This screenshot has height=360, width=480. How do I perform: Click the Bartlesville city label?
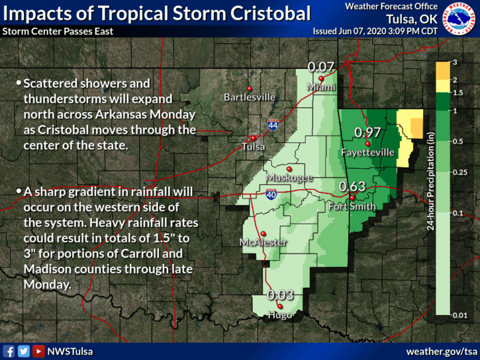pyautogui.click(x=250, y=97)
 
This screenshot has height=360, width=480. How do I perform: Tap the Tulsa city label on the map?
pyautogui.click(x=254, y=146)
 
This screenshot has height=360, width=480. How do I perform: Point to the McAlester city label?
pyautogui.click(x=263, y=243)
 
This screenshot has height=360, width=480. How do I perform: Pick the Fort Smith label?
pyautogui.click(x=352, y=206)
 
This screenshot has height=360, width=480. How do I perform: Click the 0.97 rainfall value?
pyautogui.click(x=367, y=132)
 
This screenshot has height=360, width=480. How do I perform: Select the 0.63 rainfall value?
pyautogui.click(x=352, y=187)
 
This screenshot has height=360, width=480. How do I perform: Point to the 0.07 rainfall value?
pyautogui.click(x=322, y=66)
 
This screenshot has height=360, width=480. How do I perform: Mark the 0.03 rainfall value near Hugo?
pyautogui.click(x=280, y=295)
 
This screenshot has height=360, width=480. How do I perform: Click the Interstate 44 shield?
pyautogui.click(x=273, y=124)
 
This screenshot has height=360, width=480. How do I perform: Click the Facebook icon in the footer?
pyautogui.click(x=9, y=351)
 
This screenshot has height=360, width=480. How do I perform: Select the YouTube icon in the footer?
pyautogui.click(x=38, y=351)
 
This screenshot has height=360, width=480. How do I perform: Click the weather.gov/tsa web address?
pyautogui.click(x=442, y=351)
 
